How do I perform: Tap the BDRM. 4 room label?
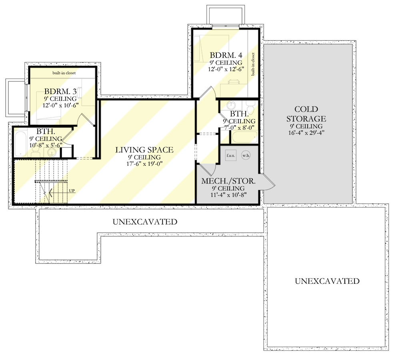(x=226, y=55)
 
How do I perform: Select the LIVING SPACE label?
(x=144, y=150)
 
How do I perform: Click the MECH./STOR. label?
(x=228, y=181)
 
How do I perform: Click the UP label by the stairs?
(x=72, y=191)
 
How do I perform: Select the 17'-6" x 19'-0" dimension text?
(x=144, y=164)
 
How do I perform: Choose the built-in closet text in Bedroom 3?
(x=64, y=73)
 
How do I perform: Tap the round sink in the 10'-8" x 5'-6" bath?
(x=51, y=153)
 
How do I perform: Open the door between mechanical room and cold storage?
(x=268, y=181)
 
